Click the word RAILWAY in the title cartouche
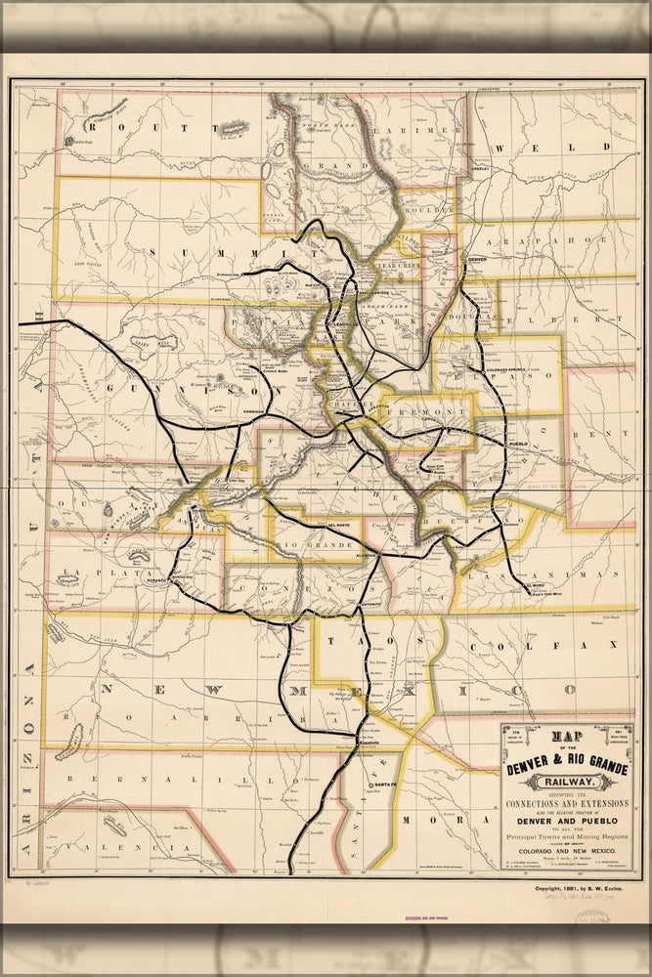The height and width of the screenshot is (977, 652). (566, 782)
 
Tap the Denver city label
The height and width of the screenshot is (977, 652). (476, 260)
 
